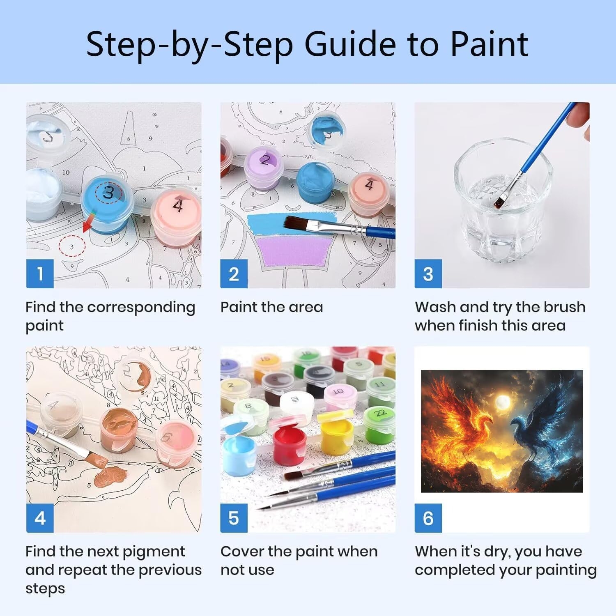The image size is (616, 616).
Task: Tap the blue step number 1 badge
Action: coord(40,274)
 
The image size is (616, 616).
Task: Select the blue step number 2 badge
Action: coord(234,274)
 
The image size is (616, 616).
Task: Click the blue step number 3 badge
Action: coord(428,274)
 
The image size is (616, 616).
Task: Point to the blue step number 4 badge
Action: coord(40,518)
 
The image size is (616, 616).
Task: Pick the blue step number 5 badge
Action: coord(234,518)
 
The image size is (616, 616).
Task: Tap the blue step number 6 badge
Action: coord(428,518)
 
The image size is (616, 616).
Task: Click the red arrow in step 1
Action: coord(88,222)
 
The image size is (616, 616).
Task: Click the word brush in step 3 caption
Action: coord(562,307)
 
